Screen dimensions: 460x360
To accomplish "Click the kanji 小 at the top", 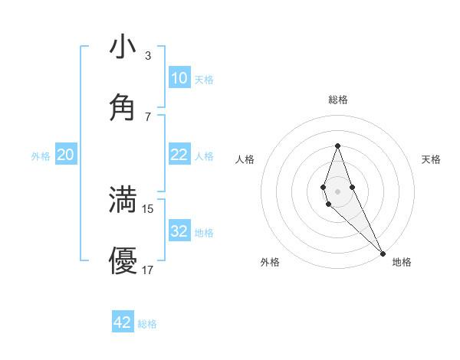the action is pyautogui.click(x=123, y=47).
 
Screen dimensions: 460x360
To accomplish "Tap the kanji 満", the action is pyautogui.click(x=123, y=199).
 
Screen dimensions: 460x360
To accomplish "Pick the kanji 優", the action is pyautogui.click(x=123, y=260).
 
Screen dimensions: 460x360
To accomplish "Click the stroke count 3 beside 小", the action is pyautogui.click(x=147, y=56).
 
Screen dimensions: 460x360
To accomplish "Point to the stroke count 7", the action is pyautogui.click(x=147, y=116).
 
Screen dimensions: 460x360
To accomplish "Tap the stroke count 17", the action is pyautogui.click(x=148, y=270).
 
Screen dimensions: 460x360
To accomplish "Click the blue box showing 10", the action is pyautogui.click(x=179, y=77).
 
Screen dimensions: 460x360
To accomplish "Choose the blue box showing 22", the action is pyautogui.click(x=179, y=155).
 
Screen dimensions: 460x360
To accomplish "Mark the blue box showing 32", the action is pyautogui.click(x=179, y=231).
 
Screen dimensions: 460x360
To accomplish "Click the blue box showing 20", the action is pyautogui.click(x=65, y=155).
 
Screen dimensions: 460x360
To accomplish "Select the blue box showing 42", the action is pyautogui.click(x=123, y=322).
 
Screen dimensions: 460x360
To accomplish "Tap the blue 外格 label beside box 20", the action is pyautogui.click(x=41, y=156).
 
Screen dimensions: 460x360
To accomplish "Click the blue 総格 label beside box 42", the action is pyautogui.click(x=147, y=324).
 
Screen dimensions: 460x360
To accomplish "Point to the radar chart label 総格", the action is pyautogui.click(x=338, y=100).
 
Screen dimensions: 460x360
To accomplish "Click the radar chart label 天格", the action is pyautogui.click(x=432, y=159).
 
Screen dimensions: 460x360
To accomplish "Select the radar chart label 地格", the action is pyautogui.click(x=402, y=262).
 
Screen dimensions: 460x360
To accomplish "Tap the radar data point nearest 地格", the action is pyautogui.click(x=383, y=253).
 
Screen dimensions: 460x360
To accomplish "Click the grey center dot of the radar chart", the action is pyautogui.click(x=337, y=191).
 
